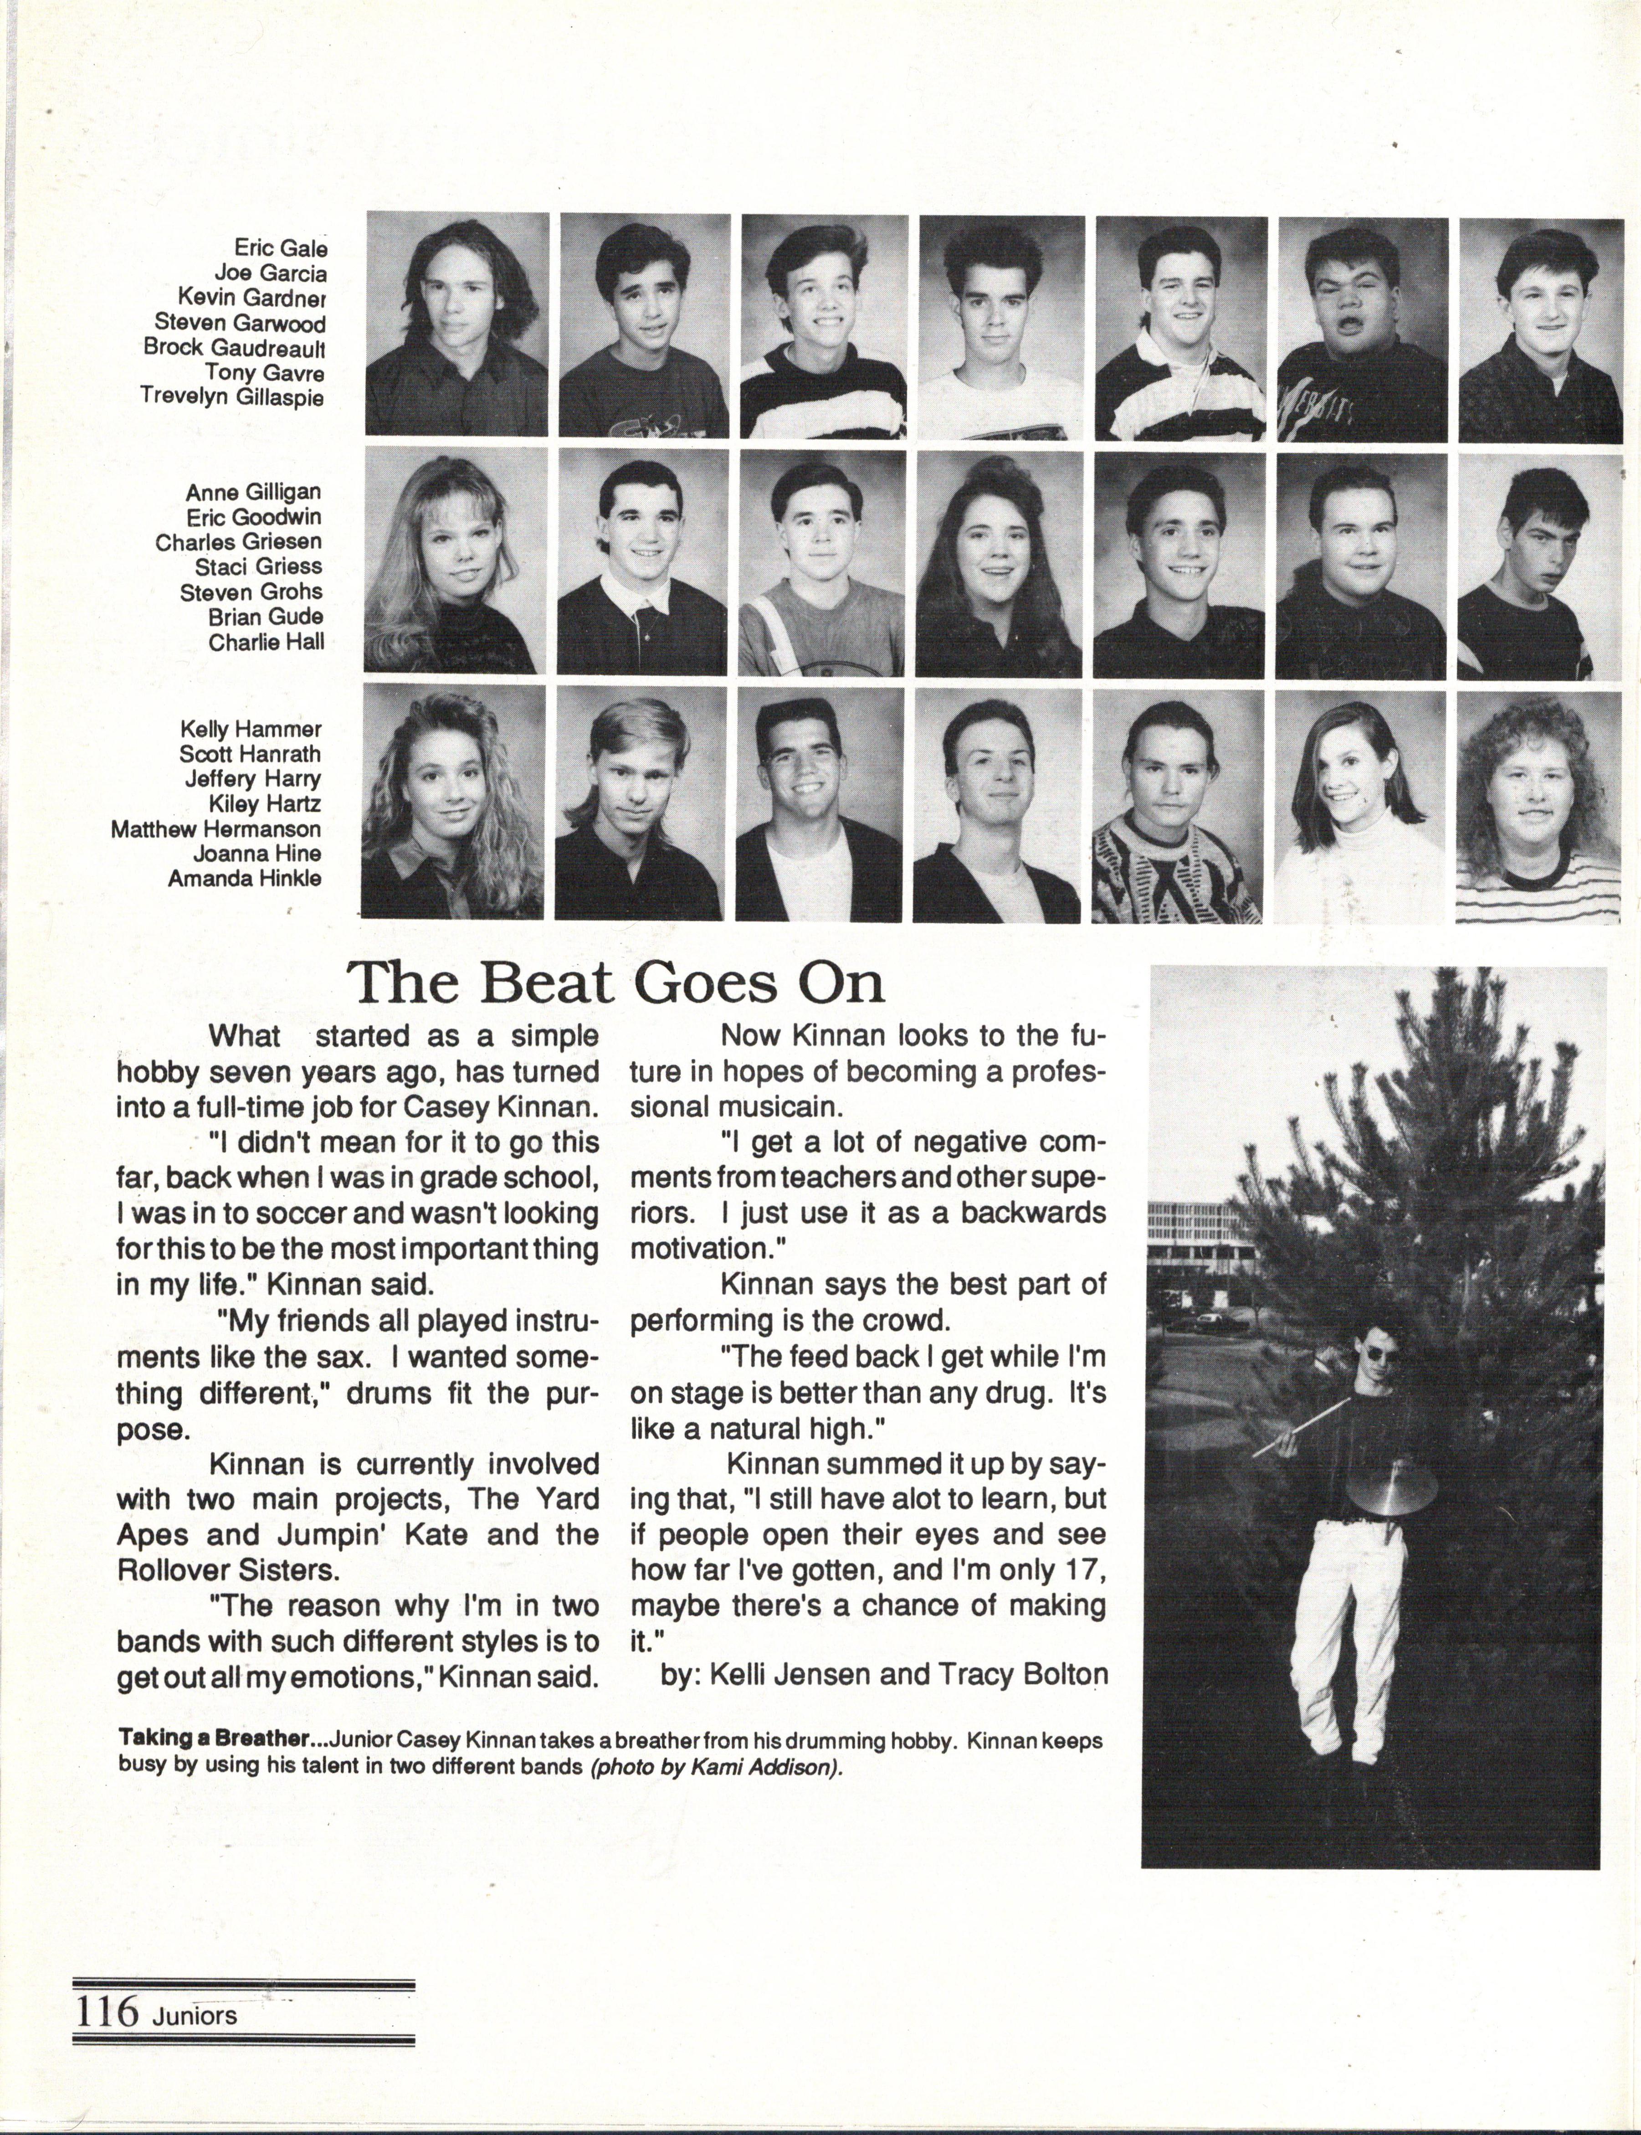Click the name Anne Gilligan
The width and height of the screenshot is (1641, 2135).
pos(253,492)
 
